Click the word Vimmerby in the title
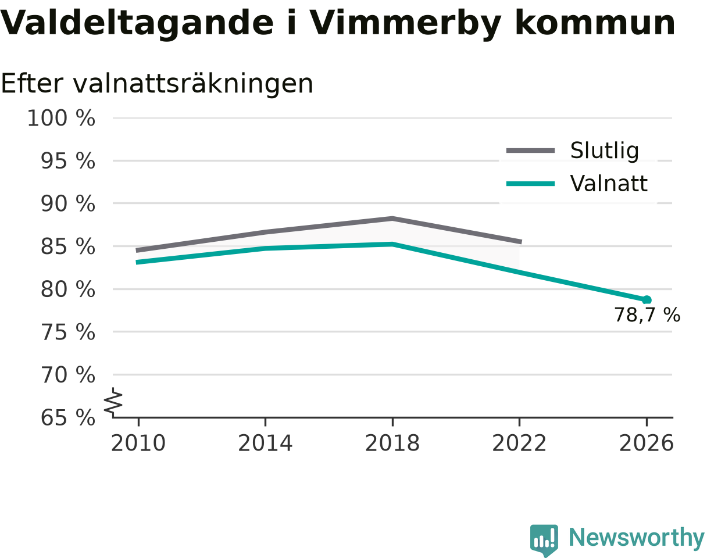[405, 24]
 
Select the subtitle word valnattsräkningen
[193, 84]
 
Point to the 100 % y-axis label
[61, 118]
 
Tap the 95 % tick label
[68, 161]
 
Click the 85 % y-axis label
[68, 246]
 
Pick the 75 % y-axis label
[68, 332]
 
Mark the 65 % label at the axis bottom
[68, 418]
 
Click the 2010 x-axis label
[138, 443]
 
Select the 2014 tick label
[265, 443]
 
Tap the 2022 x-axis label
[519, 443]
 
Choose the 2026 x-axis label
[646, 443]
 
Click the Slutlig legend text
[605, 151]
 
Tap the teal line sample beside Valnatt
[531, 184]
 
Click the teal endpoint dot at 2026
[647, 300]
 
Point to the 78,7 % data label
[647, 315]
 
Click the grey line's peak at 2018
[392, 219]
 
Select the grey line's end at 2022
[521, 242]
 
